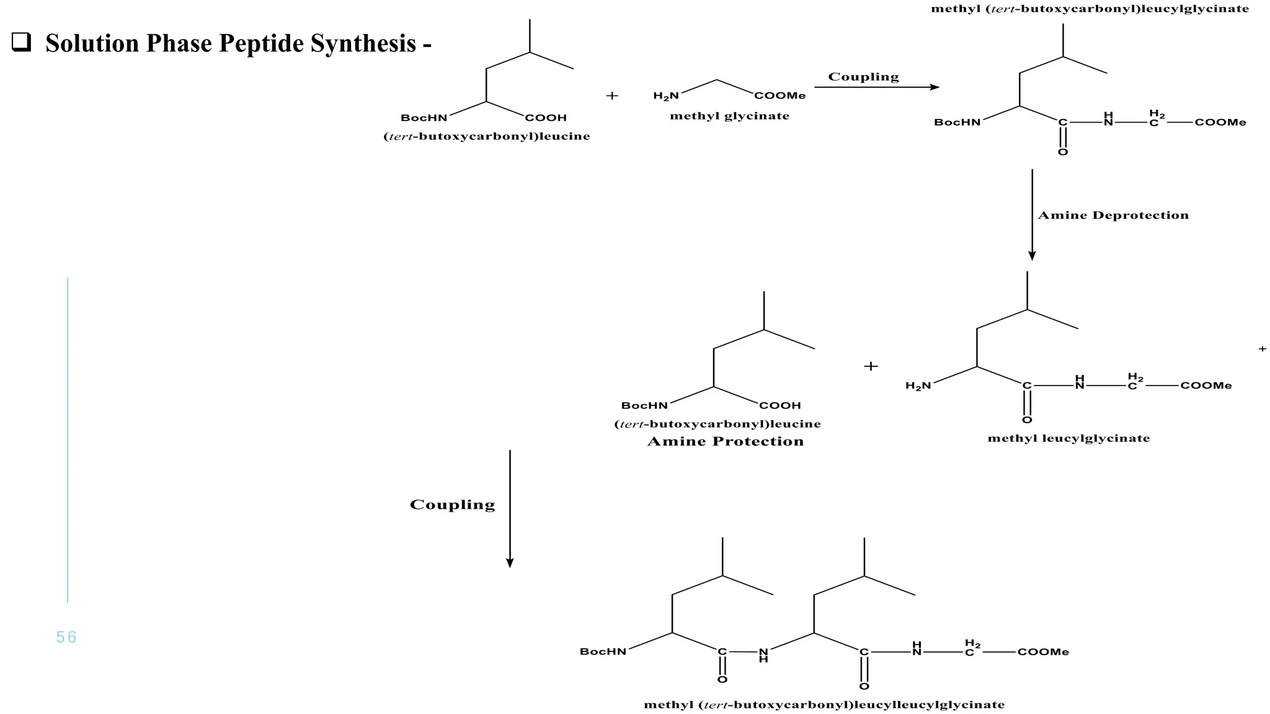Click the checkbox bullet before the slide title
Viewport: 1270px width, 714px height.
21,43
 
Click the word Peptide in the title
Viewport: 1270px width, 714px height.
261,43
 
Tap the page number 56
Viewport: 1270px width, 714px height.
66,637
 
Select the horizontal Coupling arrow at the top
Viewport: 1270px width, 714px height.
876,87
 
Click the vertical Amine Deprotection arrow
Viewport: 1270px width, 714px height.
1032,214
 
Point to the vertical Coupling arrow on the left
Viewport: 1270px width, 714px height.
510,508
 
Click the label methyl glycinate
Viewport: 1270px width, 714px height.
729,116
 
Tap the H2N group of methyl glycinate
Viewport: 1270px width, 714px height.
666,96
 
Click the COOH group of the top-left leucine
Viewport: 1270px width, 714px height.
546,118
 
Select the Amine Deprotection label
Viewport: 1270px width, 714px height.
1113,216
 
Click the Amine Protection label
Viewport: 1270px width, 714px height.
725,441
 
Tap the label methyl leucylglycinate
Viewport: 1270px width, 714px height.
1068,438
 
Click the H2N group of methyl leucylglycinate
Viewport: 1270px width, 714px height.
918,386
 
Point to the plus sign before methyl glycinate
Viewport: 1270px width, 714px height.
612,95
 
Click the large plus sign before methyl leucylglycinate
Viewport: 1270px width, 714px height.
871,366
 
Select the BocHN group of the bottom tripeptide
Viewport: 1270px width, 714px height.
603,651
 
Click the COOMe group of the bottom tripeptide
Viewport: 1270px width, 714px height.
1043,652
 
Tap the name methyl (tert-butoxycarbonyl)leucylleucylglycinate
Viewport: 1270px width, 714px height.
824,705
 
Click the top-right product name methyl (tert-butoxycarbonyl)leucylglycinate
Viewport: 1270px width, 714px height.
1090,9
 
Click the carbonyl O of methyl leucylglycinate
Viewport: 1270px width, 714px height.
1027,420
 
